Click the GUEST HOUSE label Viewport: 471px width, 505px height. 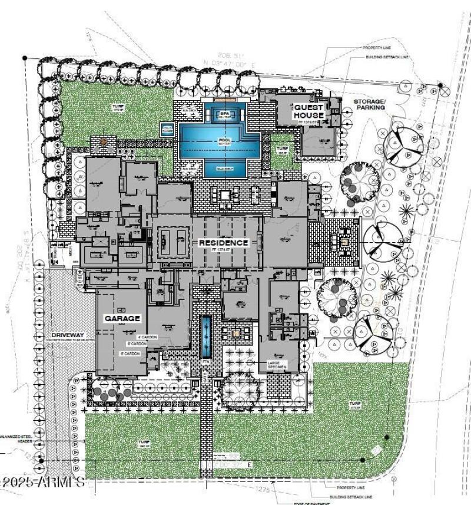[x=309, y=111]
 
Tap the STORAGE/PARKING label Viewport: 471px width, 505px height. [x=369, y=104]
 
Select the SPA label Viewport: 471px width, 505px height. [x=224, y=114]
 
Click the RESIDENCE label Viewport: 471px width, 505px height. [x=223, y=243]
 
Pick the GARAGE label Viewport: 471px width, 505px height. [x=122, y=318]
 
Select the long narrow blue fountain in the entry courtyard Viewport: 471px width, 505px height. [x=205, y=336]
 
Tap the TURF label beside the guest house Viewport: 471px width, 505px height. [x=283, y=148]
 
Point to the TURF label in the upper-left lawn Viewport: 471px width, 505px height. [x=118, y=107]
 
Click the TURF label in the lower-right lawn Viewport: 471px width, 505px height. [x=354, y=404]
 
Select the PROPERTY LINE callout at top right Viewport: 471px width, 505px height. [x=376, y=48]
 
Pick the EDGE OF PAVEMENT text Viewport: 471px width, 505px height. [x=311, y=503]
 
